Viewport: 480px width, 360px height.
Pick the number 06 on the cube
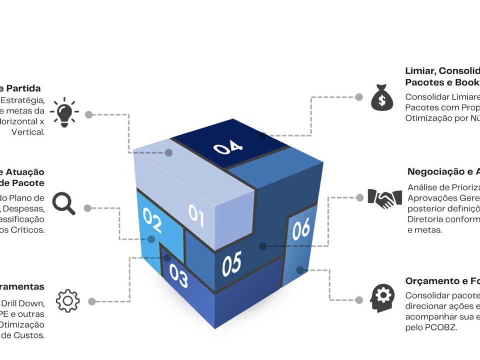pyautogui.click(x=301, y=229)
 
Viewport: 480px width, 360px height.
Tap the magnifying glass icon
pyautogui.click(x=63, y=203)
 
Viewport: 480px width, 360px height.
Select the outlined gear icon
pyautogui.click(x=68, y=300)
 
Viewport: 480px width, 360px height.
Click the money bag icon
pyautogui.click(x=381, y=97)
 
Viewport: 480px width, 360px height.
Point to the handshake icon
pyautogui.click(x=384, y=198)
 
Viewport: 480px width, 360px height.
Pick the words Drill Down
pyautogui.click(x=22, y=303)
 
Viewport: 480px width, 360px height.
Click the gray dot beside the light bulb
pyautogui.click(x=88, y=114)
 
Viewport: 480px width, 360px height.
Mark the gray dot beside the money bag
pyautogui.click(x=358, y=97)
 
